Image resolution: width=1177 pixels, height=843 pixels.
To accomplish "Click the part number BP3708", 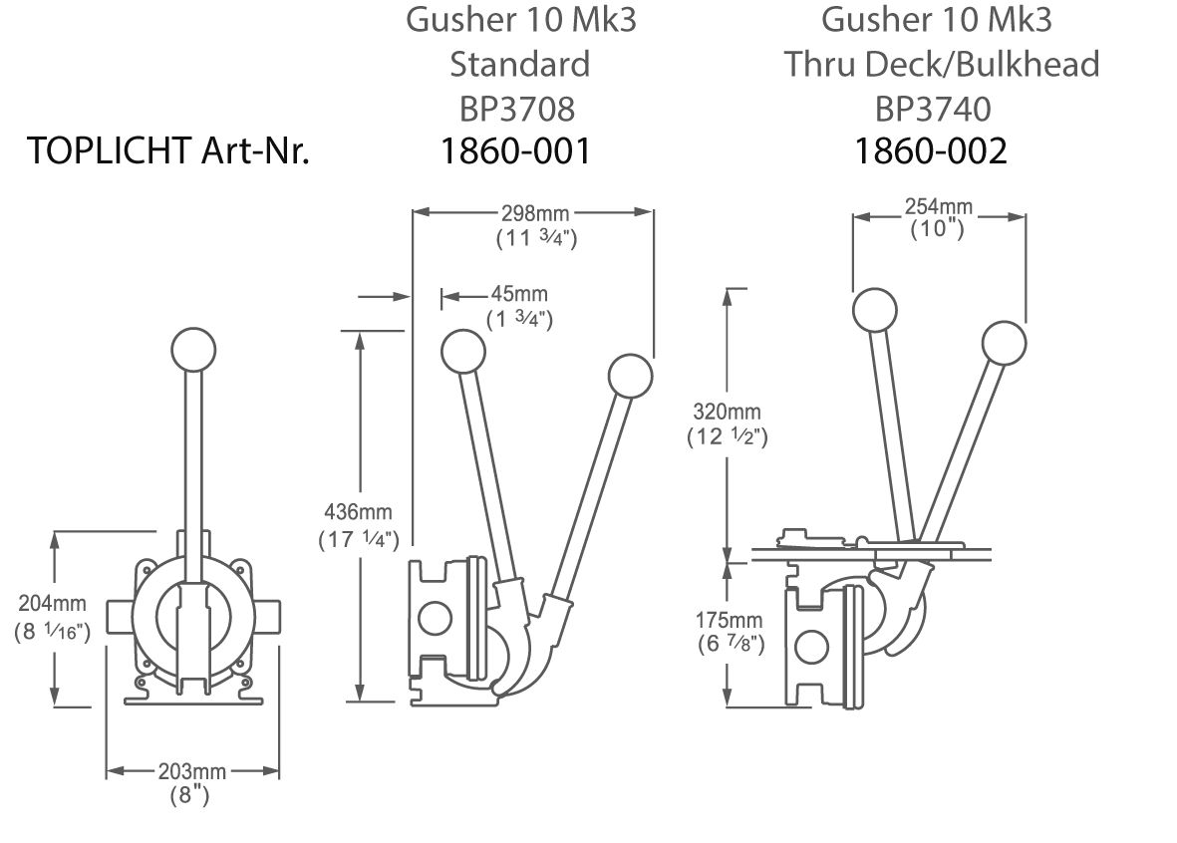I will (x=518, y=107).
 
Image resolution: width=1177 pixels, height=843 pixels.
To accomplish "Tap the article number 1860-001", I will (x=517, y=150).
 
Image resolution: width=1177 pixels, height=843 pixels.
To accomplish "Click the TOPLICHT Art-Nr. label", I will (x=168, y=150).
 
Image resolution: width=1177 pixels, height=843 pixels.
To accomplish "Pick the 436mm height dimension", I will (x=359, y=513).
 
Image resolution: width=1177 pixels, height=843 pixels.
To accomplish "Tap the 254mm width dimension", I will (x=938, y=207).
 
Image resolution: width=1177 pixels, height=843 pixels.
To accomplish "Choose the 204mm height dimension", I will (x=53, y=604).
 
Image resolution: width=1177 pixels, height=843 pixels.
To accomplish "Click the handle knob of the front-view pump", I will (x=193, y=349).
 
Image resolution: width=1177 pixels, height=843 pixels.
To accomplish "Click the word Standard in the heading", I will (x=519, y=64).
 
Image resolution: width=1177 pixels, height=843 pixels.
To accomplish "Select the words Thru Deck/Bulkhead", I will (x=941, y=64).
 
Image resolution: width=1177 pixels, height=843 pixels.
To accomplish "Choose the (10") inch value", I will (x=938, y=228).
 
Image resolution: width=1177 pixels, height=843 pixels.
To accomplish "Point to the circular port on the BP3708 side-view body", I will (x=435, y=618).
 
